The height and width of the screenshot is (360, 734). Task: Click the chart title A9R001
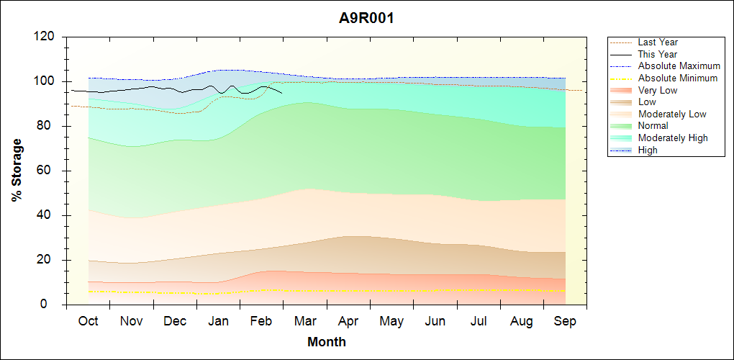coord(366,18)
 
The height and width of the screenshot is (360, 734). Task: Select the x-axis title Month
coord(327,342)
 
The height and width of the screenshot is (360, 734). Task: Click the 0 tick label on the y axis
coord(53,305)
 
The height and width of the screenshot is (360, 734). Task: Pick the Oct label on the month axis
coord(88,321)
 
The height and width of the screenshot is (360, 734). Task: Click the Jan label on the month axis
coord(218,321)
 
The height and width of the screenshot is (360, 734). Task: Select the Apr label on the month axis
coord(348,321)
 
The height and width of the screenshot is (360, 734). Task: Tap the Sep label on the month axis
coord(565,321)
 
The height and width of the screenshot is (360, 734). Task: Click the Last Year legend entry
coord(658,42)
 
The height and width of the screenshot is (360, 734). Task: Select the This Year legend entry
coord(658,54)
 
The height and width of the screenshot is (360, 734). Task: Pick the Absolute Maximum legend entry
coord(679,66)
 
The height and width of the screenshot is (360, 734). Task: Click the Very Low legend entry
coord(658,90)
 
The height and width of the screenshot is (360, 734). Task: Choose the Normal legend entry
coord(653,126)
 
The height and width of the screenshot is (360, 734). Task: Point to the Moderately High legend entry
coord(673,138)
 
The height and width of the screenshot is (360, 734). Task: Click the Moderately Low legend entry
coord(672,114)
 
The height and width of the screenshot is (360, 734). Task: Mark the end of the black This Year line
coord(282,93)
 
